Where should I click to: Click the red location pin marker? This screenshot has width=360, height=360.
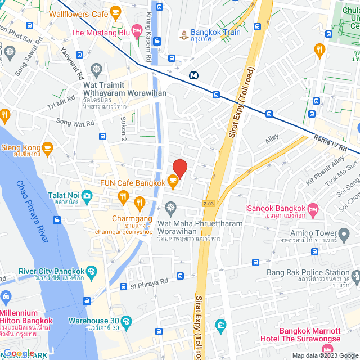(179, 168)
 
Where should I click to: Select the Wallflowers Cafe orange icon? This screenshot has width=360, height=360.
(116, 11)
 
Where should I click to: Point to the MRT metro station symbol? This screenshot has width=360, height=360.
(194, 75)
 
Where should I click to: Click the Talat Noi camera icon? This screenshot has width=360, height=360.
(87, 195)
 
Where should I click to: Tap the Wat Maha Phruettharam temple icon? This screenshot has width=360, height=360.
(171, 209)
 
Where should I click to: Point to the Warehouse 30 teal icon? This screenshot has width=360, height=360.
(125, 321)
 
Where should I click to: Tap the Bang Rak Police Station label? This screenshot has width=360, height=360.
(308, 272)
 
